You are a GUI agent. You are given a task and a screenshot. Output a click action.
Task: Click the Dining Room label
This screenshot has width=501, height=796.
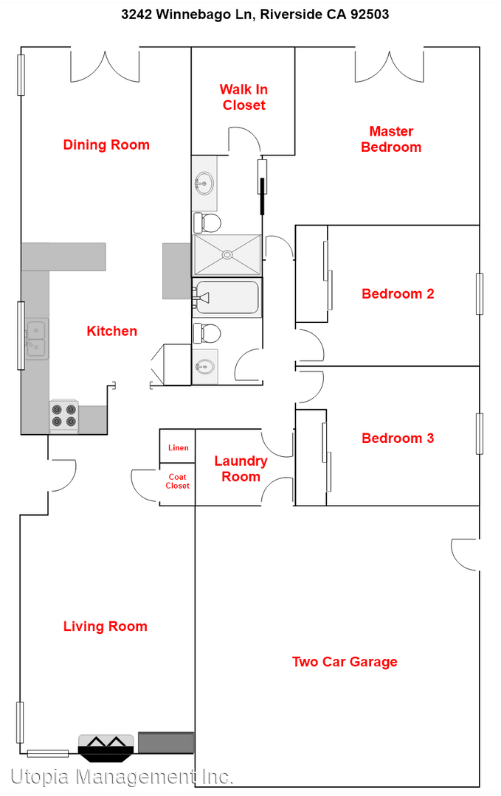106,145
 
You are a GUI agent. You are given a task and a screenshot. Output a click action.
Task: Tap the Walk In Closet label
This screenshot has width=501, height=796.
243,97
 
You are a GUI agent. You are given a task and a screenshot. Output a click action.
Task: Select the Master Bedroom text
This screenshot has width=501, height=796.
391,139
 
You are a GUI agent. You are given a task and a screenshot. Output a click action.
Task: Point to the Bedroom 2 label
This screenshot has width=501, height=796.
398,294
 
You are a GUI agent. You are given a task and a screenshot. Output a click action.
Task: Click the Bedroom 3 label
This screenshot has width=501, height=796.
398,439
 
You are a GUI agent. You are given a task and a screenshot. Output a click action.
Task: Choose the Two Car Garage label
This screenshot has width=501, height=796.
345,662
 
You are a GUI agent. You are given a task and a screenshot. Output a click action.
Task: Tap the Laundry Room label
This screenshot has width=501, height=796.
241,469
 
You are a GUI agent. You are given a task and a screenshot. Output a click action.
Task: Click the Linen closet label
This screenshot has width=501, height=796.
178,447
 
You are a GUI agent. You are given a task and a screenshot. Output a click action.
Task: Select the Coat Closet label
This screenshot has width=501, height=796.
177,481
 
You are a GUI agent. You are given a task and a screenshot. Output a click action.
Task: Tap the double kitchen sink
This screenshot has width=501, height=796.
35,338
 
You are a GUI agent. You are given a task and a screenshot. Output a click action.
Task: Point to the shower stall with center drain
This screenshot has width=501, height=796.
227,255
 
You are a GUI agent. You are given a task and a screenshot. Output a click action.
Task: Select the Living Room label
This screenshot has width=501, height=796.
105,626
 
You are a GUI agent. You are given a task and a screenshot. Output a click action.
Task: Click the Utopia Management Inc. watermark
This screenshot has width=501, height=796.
122,776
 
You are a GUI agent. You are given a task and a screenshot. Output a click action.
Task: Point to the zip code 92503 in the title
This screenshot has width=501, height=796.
368,14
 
